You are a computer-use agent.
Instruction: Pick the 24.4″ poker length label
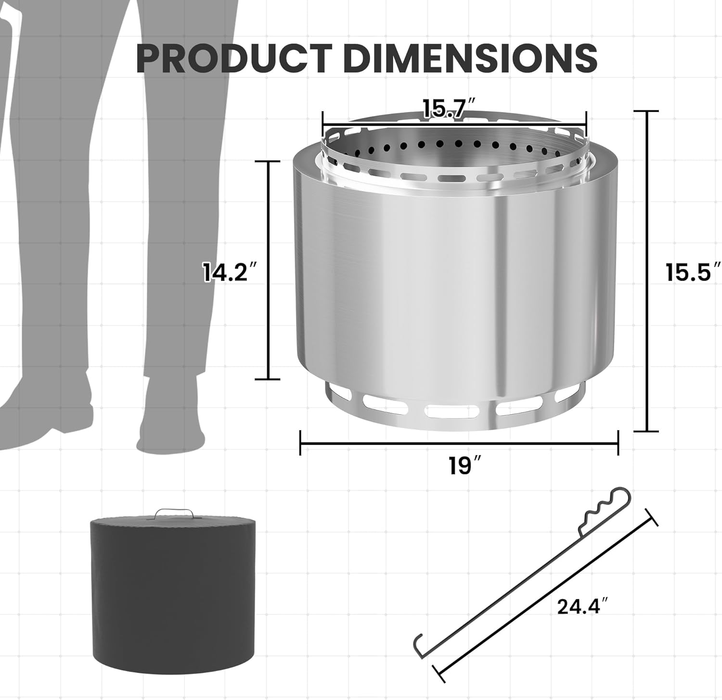point(580,606)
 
